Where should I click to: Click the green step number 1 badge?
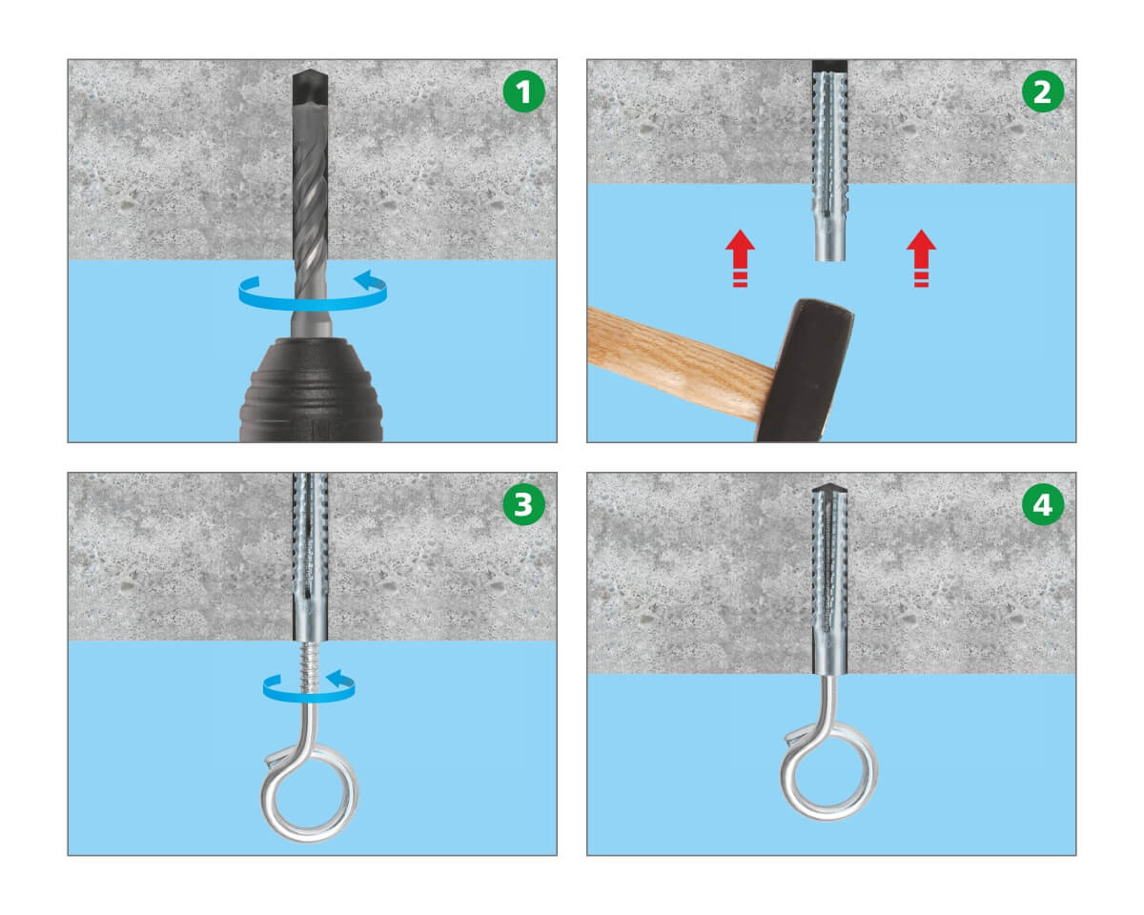pos(523,91)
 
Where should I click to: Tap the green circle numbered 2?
pos(1042,91)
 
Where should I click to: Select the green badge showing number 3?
pos(523,504)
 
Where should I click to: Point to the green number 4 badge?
pos(1042,504)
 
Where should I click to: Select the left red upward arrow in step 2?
pos(740,258)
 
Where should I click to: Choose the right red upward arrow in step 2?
pos(921,258)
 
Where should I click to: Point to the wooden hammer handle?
pos(681,361)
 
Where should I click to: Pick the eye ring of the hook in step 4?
pos(828,771)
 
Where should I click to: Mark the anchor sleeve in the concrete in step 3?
pos(310,557)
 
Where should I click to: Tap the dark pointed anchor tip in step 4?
pos(829,488)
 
